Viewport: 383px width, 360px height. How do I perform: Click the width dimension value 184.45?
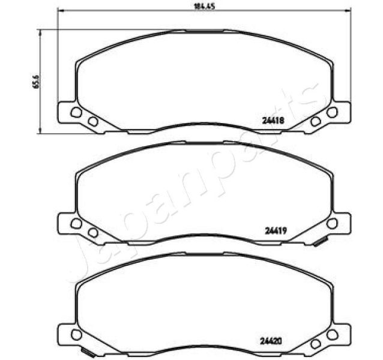(204, 6)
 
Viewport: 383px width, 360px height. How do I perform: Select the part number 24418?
(273, 121)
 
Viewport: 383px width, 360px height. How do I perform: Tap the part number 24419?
(276, 230)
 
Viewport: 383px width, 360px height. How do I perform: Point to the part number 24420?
(271, 340)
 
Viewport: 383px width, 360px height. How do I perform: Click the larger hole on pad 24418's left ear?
(76, 112)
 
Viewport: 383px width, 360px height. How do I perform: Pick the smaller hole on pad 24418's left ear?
(93, 121)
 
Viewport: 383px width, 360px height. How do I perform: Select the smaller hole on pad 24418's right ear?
(315, 121)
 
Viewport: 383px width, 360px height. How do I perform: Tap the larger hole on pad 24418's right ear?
(332, 112)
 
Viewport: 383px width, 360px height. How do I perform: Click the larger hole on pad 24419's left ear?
(76, 223)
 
